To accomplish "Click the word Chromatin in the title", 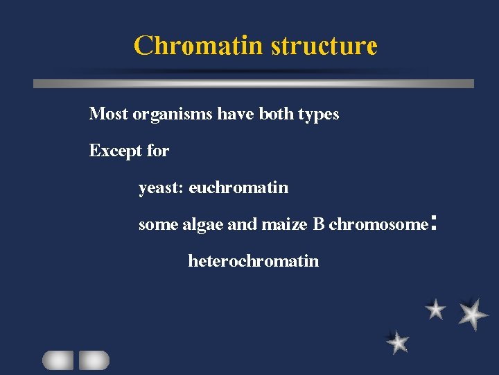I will click(198, 46).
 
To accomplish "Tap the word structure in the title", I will click(324, 46).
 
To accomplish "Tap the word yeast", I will click(159, 187).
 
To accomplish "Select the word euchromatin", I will click(238, 187).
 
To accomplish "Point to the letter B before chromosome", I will click(319, 224).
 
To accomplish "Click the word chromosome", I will click(378, 224).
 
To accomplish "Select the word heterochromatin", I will click(254, 261).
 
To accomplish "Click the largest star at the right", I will click(473, 313).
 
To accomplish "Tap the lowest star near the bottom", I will click(398, 342).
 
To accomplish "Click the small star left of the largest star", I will click(435, 309).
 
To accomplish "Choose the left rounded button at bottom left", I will click(58, 360).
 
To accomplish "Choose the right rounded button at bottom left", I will click(94, 360).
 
